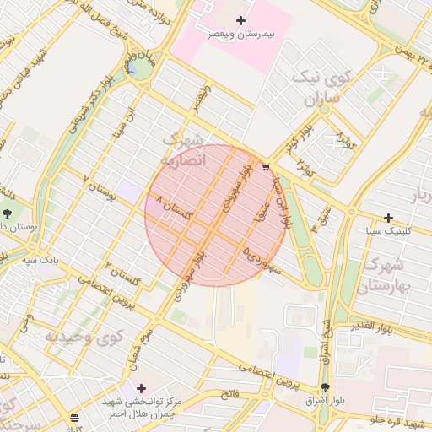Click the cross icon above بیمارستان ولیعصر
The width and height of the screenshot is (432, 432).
click(x=241, y=20)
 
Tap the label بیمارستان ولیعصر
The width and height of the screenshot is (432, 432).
click(x=246, y=35)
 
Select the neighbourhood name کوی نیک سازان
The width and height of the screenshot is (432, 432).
click(x=318, y=86)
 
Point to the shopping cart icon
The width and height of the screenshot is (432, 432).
click(x=267, y=167)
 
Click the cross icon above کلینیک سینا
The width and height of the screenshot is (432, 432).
click(x=388, y=218)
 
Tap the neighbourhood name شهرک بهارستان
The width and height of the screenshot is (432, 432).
click(x=386, y=275)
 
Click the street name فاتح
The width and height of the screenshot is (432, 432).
click(x=230, y=394)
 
